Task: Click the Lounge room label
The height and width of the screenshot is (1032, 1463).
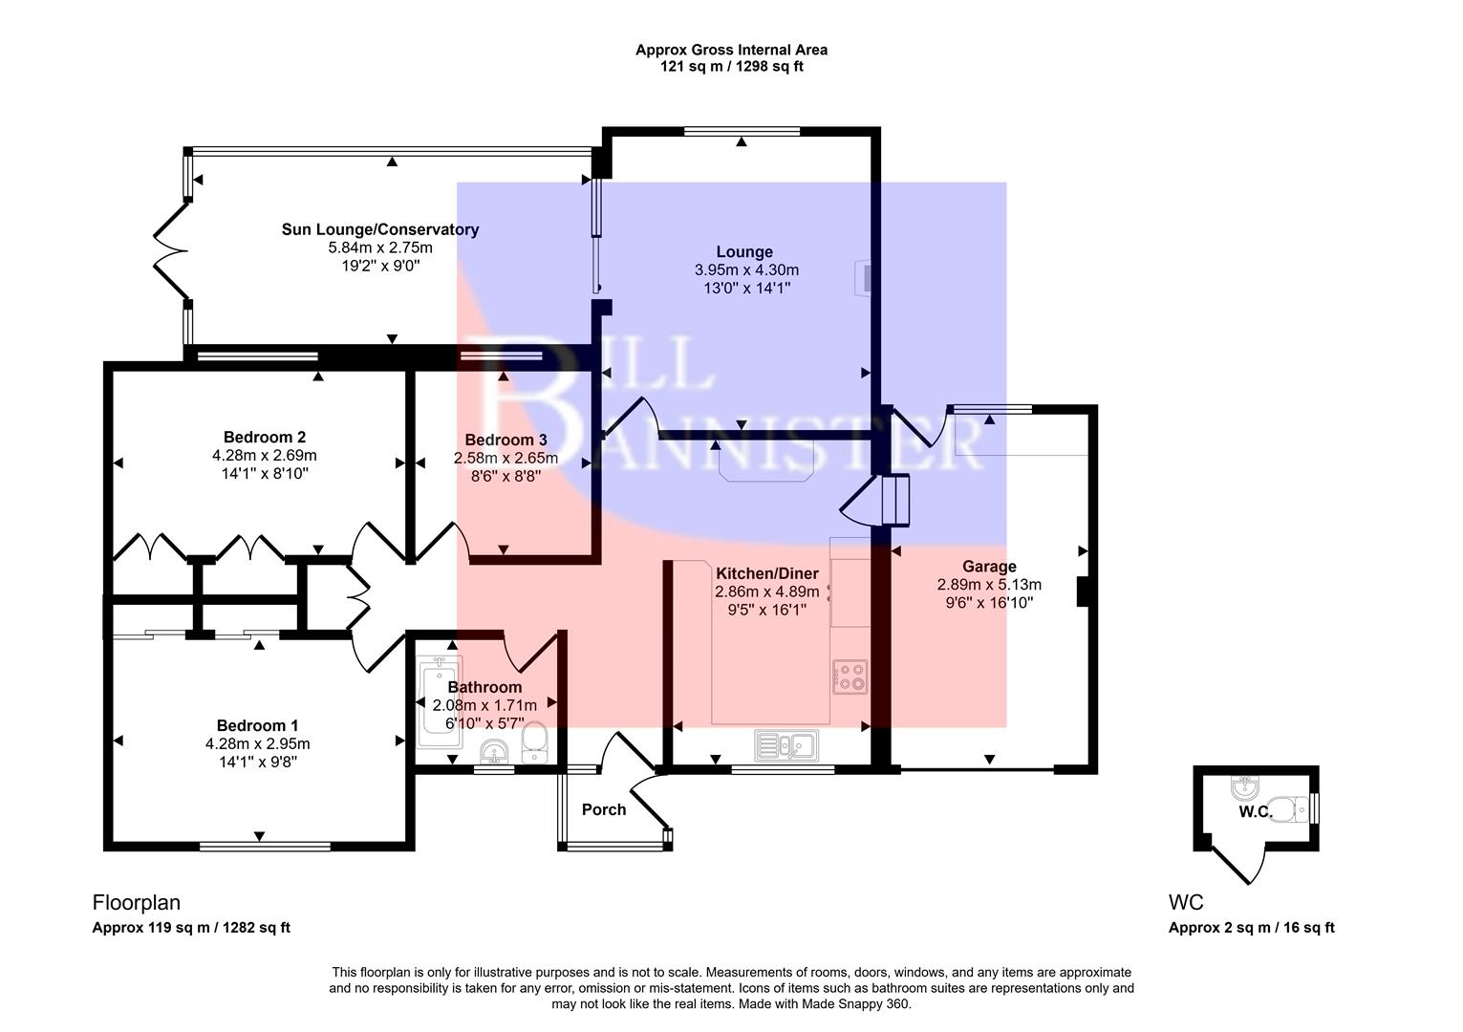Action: pyautogui.click(x=744, y=252)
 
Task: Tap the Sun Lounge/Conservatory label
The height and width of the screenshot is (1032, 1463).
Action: pyautogui.click(x=380, y=229)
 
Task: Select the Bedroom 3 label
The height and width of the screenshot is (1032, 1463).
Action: pyautogui.click(x=506, y=441)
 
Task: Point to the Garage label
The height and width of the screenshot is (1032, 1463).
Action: pyautogui.click(x=989, y=567)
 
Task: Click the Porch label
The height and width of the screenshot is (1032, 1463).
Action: pyautogui.click(x=604, y=810)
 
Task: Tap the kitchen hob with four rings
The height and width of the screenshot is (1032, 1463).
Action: pyautogui.click(x=850, y=676)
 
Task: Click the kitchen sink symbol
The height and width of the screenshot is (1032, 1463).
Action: pyautogui.click(x=785, y=744)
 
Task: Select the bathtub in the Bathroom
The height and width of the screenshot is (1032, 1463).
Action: pyautogui.click(x=439, y=700)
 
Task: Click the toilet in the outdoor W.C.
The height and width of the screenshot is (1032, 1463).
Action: pyautogui.click(x=1292, y=809)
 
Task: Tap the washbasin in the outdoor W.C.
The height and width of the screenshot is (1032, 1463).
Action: pyautogui.click(x=1245, y=789)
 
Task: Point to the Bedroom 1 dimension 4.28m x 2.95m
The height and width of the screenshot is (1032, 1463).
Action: pyautogui.click(x=257, y=743)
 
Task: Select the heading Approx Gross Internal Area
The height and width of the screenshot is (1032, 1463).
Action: pyautogui.click(x=731, y=50)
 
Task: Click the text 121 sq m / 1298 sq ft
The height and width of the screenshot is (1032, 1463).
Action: pyautogui.click(x=731, y=67)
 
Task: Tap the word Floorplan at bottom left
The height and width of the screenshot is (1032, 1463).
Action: pyautogui.click(x=136, y=902)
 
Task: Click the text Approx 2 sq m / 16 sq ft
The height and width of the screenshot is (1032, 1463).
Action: pyautogui.click(x=1251, y=928)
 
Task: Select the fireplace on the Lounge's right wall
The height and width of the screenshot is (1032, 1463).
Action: pyautogui.click(x=865, y=278)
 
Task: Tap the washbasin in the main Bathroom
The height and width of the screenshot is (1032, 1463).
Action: pyautogui.click(x=495, y=753)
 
